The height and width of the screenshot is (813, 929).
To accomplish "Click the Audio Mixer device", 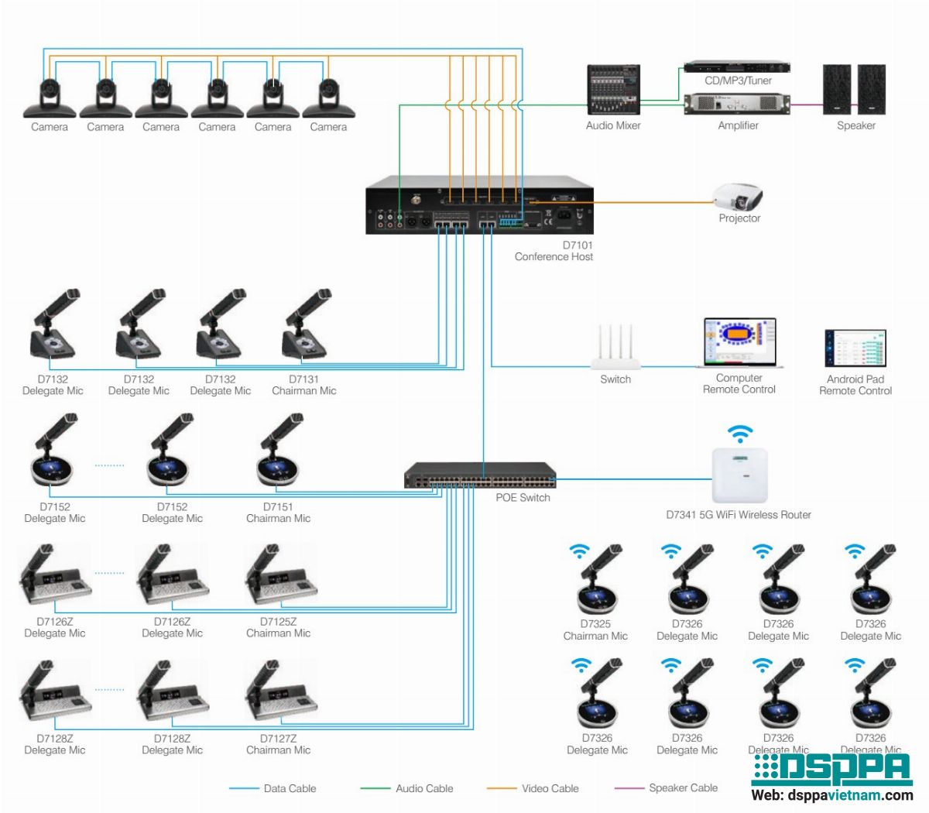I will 613,90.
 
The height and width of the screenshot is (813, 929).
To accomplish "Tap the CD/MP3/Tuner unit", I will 737,67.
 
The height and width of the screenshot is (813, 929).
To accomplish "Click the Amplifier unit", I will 738,104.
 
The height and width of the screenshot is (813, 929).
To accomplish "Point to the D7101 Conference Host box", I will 479,205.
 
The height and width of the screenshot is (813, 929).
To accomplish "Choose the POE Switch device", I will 480,475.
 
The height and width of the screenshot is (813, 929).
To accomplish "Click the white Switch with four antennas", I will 615,348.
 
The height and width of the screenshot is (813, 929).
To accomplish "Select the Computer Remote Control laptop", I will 739,343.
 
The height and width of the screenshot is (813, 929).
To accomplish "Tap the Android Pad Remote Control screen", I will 855,348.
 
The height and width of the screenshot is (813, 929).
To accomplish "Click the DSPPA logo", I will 831,768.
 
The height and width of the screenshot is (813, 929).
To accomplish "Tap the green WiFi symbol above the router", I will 740,434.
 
